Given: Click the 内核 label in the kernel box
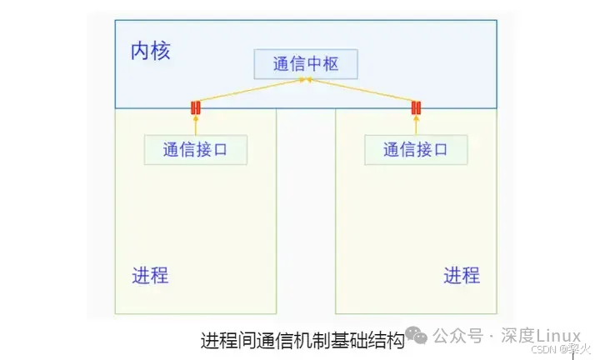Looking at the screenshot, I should point(150,51).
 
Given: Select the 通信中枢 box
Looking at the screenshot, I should point(306,64).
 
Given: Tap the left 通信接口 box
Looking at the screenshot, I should point(195,150).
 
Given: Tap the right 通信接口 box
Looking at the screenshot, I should point(416,150).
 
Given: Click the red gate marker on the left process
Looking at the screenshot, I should point(196,107).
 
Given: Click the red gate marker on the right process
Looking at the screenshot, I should point(416,107).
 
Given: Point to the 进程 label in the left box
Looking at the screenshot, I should point(150,275).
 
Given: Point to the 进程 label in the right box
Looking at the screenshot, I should point(461,275).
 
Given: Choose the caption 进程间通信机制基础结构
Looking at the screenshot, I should point(302,341).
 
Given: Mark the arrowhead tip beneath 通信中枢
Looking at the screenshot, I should point(307,81).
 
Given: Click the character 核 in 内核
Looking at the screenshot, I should point(160,51).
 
